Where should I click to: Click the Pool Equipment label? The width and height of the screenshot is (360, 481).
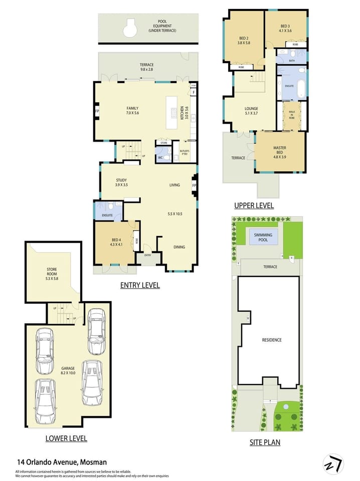162,26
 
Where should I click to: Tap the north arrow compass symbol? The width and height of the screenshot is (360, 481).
333,464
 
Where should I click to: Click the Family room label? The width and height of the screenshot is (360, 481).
132,111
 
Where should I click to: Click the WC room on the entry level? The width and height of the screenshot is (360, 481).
160,157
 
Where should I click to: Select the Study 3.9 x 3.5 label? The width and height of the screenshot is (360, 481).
121,182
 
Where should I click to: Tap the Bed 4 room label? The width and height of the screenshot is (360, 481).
116,243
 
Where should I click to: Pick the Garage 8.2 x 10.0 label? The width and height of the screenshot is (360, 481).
68,371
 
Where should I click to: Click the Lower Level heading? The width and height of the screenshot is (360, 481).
66,438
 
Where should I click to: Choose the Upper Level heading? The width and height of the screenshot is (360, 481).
254,205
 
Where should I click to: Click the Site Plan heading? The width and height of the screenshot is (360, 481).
265,442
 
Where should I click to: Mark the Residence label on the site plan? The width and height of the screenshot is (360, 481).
272,340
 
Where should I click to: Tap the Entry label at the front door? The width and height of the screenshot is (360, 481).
148,255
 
